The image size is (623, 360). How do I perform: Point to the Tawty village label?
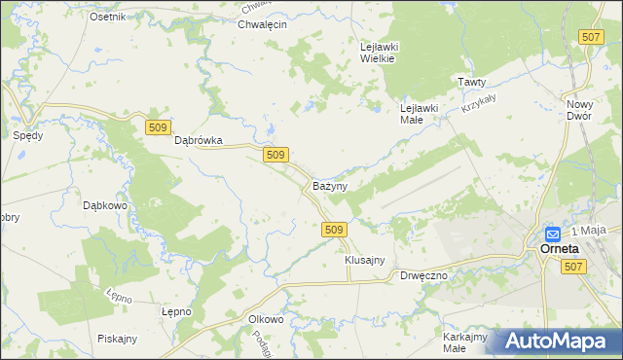pos(472,83)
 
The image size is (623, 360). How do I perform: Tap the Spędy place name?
pos(27,136)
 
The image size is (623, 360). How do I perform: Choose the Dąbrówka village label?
pos(199,140)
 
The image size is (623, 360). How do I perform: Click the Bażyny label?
pos(330,185)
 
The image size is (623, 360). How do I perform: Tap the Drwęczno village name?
pos(423,276)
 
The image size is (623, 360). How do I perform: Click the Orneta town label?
pos(561,249)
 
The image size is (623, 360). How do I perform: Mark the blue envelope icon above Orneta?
pos(552,234)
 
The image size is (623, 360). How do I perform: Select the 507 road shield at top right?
pos(589,36)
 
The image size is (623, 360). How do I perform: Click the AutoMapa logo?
pos(559,342)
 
